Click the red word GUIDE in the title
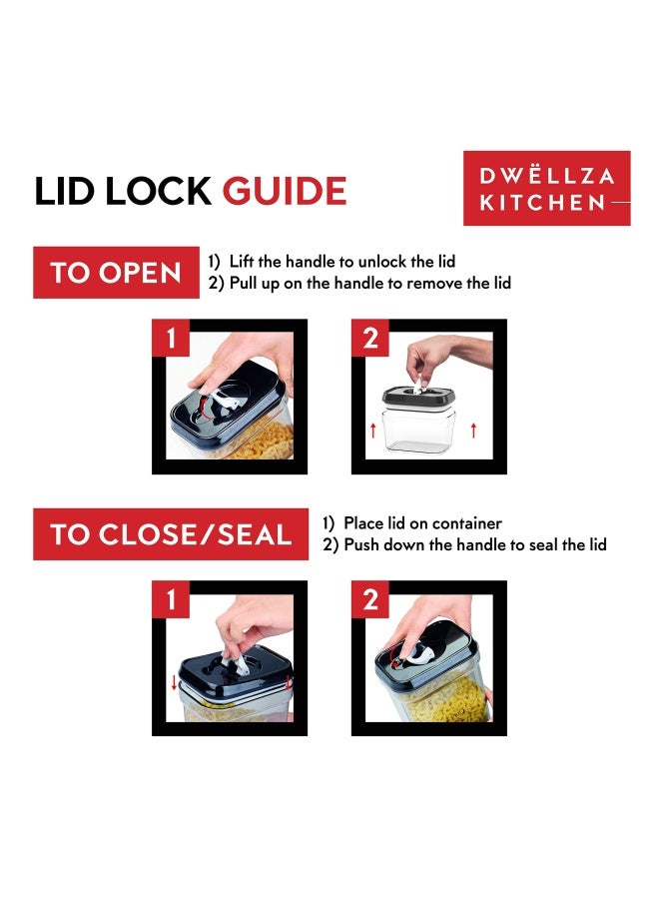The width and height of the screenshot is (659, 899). [285, 191]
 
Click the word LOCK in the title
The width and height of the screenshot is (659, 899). [158, 191]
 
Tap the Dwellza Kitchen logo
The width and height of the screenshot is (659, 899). [547, 188]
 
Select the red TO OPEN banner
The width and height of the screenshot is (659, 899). [117, 273]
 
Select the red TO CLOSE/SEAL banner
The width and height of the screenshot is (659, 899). [171, 533]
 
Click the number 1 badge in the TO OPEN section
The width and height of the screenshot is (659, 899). [170, 338]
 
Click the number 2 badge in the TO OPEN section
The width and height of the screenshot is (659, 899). [370, 338]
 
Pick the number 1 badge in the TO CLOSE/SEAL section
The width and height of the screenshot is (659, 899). [170, 599]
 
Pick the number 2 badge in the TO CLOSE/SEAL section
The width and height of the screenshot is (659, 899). [370, 599]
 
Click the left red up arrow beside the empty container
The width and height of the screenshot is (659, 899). [373, 430]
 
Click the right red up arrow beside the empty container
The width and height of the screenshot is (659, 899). [473, 430]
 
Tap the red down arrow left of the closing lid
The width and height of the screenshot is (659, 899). [174, 683]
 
